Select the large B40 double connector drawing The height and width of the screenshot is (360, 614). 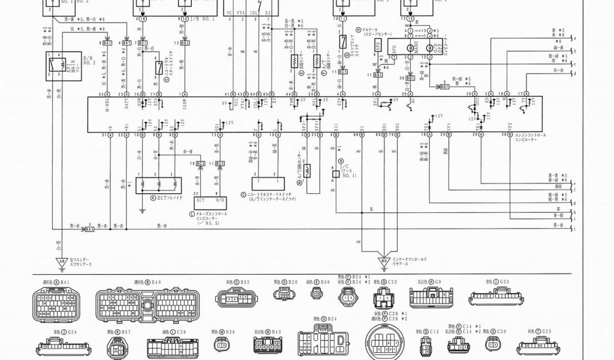coord(148,304)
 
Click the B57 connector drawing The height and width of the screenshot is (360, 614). coord(118,347)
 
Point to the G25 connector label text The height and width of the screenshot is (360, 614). coord(543,331)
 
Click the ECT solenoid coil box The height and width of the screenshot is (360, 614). coord(156,184)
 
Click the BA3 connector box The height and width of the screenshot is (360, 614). coord(90,229)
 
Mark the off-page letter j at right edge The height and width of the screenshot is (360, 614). coord(574,229)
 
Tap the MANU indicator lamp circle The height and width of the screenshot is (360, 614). coord(412,47)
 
